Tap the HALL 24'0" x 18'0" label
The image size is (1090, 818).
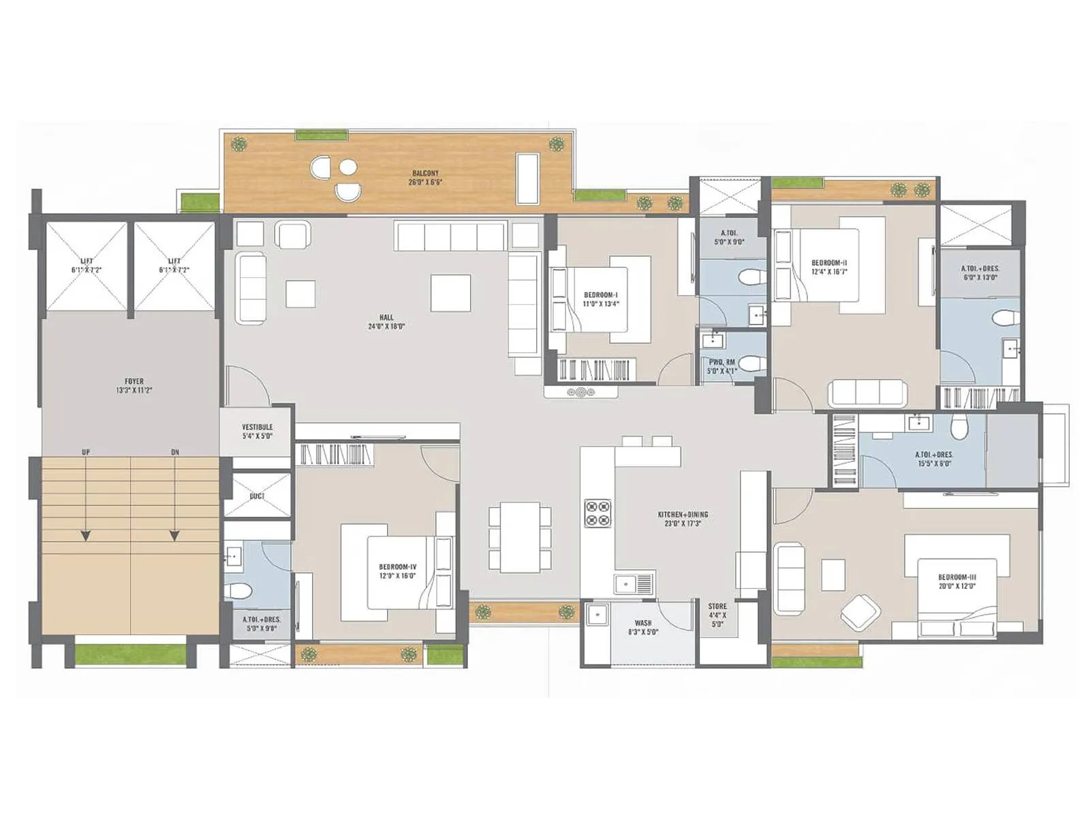click(386, 322)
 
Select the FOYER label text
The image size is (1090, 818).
click(134, 386)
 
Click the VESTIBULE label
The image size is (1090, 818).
click(257, 431)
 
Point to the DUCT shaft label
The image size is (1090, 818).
click(257, 496)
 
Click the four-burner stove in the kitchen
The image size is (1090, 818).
click(597, 513)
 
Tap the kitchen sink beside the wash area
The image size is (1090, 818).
click(633, 584)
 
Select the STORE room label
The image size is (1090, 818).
click(717, 614)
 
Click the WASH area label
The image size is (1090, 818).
click(642, 627)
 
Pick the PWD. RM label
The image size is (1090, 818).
click(721, 367)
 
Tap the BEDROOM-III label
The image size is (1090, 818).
click(956, 581)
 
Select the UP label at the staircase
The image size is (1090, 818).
click(86, 453)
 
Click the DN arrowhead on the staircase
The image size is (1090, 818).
click(174, 536)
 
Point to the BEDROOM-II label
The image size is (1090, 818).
click(829, 267)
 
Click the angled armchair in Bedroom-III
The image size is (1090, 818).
click(860, 611)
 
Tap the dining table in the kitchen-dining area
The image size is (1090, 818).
click(520, 537)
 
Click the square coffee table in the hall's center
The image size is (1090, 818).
click(450, 293)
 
